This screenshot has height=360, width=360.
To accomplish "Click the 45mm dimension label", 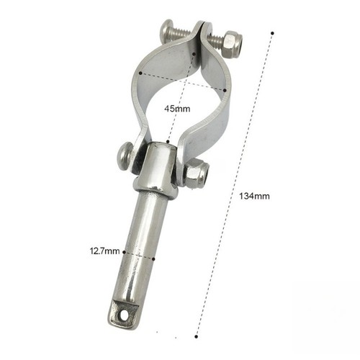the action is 177,109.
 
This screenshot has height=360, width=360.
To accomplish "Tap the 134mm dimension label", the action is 254,196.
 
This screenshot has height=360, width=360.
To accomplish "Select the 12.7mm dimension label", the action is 104,251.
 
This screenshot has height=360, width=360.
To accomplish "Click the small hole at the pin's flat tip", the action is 124,314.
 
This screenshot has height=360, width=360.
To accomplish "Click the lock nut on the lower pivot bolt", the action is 197,174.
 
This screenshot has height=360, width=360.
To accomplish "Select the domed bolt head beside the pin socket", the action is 126,156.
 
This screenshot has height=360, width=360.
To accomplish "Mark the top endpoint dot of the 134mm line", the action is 272,33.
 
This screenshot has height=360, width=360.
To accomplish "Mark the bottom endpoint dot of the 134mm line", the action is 197,336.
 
